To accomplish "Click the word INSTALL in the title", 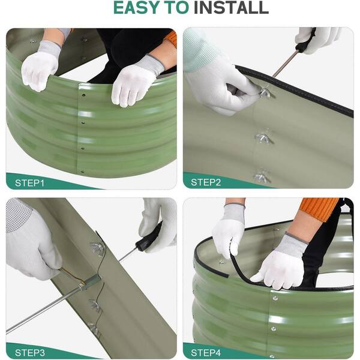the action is (x=231, y=7).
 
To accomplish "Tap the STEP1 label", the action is (x=29, y=183).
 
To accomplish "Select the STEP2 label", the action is (x=206, y=182).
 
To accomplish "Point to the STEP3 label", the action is (x=30, y=352).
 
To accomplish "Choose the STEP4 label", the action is (x=206, y=352).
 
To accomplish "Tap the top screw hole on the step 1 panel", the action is (x=83, y=95).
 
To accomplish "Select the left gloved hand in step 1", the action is (x=40, y=67).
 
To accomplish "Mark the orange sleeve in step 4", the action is (x=319, y=208).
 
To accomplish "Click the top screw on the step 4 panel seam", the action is (x=275, y=298).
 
